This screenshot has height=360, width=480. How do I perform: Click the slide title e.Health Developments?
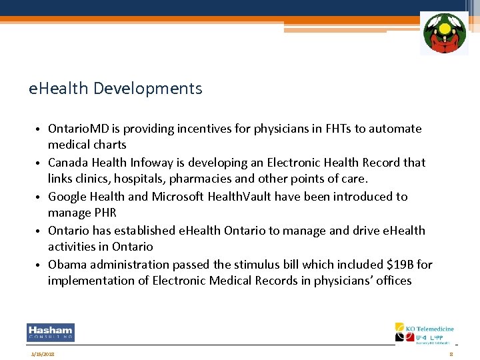[x=115, y=88]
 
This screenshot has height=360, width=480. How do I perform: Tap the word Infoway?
[x=159, y=163]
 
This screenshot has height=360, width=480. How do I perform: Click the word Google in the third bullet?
[x=68, y=197]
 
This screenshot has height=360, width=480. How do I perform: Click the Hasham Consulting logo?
[x=51, y=332]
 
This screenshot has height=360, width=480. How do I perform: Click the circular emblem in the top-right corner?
[x=444, y=33]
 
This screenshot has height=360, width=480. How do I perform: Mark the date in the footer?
[x=43, y=354]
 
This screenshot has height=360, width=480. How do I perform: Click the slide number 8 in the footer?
[x=451, y=354]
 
